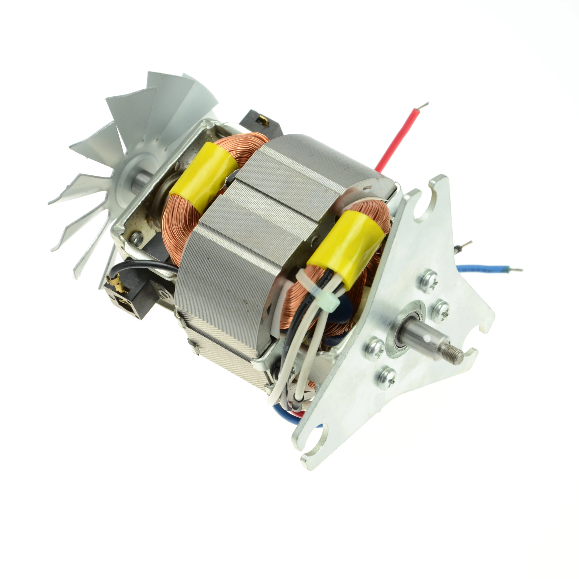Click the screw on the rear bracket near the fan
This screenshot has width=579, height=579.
137,239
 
